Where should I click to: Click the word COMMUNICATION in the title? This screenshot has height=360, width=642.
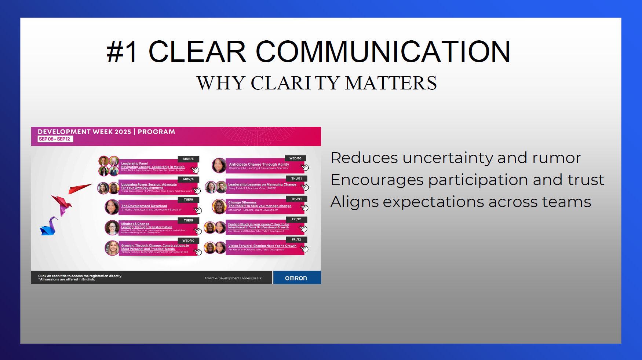[x=383, y=52]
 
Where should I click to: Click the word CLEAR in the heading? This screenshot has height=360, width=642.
[x=197, y=52]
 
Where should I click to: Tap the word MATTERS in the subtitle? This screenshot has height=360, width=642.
[x=391, y=83]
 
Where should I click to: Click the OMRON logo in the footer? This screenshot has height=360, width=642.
[x=296, y=278]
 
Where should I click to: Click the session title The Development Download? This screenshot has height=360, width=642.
[x=144, y=206]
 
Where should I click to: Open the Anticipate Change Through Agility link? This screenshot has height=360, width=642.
[x=259, y=165]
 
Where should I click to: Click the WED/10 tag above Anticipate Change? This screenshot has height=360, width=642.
[x=295, y=158]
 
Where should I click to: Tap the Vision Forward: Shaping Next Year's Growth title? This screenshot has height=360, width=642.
[x=262, y=246]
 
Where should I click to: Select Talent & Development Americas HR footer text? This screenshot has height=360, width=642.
[x=233, y=278]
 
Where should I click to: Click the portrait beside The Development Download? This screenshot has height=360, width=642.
[x=112, y=207]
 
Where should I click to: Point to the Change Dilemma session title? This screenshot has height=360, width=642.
[x=242, y=202]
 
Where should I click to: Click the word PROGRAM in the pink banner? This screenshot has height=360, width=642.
[x=156, y=132]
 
